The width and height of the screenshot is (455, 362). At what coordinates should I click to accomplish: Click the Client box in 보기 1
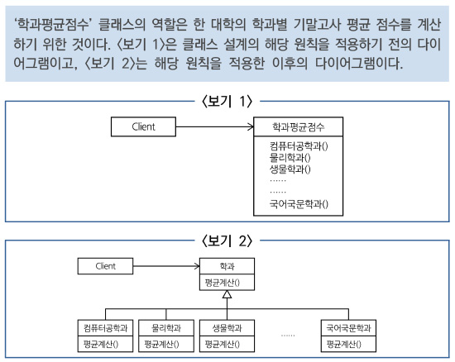[143, 126]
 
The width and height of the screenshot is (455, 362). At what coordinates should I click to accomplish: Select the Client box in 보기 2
[105, 266]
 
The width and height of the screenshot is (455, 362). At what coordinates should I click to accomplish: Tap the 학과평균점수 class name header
[298, 126]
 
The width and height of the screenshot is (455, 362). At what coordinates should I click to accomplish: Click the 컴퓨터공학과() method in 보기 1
[299, 145]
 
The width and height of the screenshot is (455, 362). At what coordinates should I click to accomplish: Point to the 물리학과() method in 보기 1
[290, 157]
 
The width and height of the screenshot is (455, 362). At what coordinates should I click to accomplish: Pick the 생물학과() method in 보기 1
[290, 169]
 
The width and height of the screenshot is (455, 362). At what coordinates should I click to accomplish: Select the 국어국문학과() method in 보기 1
[299, 204]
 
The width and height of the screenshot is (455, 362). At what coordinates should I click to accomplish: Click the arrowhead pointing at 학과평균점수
[251, 126]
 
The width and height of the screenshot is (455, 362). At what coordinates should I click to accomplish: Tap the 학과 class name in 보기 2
[227, 266]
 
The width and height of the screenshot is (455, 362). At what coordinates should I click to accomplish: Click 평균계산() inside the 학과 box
[222, 283]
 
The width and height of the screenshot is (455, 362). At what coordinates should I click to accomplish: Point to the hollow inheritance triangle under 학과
[227, 294]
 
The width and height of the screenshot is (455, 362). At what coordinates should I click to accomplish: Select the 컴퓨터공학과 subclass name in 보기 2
[105, 328]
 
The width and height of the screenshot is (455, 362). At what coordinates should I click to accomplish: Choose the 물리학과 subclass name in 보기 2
[166, 328]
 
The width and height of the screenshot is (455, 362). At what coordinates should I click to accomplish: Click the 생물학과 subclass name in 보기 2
[227, 328]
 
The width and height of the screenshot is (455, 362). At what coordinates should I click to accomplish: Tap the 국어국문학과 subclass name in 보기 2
[348, 328]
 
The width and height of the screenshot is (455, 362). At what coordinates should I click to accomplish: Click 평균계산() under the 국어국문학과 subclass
[344, 344]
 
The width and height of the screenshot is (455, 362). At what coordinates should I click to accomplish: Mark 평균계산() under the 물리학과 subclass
[161, 344]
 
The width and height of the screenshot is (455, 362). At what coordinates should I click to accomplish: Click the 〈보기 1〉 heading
[227, 102]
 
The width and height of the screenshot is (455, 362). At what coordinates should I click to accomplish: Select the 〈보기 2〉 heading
[227, 241]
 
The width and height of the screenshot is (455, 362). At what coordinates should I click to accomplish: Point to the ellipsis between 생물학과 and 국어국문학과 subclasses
[288, 336]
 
